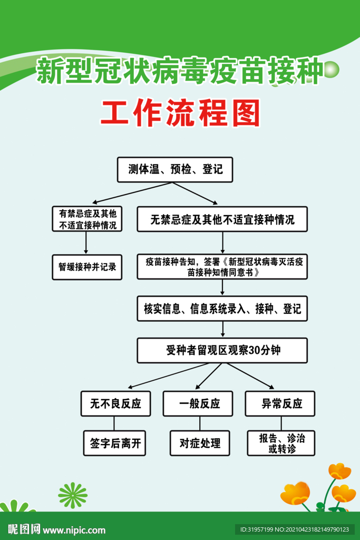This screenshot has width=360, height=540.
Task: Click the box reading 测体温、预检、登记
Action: pyautogui.click(x=175, y=169)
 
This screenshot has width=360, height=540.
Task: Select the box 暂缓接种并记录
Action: pyautogui.click(x=87, y=267)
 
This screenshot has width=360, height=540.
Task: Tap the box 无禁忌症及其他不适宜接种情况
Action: pyautogui.click(x=222, y=219)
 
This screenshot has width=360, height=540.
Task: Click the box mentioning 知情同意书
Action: pyautogui.click(x=222, y=266)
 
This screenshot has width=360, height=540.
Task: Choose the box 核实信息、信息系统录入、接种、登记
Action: pyautogui.click(x=222, y=308)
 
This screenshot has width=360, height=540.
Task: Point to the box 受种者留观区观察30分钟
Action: pyautogui.click(x=222, y=350)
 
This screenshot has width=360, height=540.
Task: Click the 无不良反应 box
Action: pyautogui.click(x=115, y=403)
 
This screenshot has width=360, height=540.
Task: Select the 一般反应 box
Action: pyautogui.click(x=198, y=403)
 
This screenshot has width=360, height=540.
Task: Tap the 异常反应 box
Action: pyautogui.click(x=280, y=403)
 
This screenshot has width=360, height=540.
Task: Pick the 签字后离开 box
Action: pyautogui.click(x=114, y=443)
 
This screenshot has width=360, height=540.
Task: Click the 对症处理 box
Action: pyautogui.click(x=200, y=443)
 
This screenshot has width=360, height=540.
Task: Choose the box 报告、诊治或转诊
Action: pyautogui.click(x=281, y=443)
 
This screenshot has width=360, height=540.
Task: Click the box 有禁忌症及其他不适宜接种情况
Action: pyautogui.click(x=87, y=219)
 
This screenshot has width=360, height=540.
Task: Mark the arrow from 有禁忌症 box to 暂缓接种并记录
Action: pyautogui.click(x=86, y=243)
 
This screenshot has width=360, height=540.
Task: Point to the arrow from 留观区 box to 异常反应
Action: pyautogui.click(x=250, y=376)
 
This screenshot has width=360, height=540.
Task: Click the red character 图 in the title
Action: pyautogui.click(x=246, y=113)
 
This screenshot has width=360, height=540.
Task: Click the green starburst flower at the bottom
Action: pyautogui.click(x=73, y=495)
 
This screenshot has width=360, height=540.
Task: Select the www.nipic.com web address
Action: pyautogui.click(x=74, y=530)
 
